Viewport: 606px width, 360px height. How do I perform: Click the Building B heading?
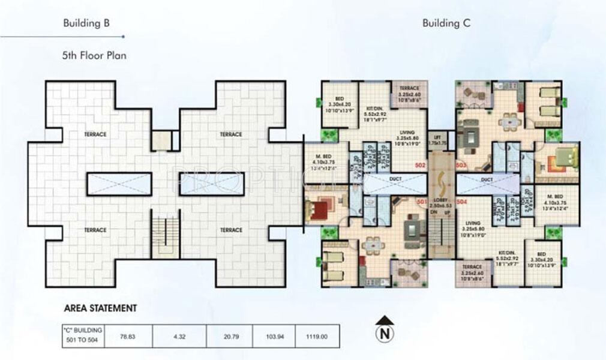(86, 23)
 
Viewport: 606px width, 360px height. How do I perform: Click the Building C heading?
(446, 23)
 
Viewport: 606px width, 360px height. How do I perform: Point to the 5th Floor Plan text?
(94, 55)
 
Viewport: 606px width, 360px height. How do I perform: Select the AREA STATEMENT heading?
(100, 308)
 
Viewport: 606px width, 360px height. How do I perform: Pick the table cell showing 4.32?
(179, 337)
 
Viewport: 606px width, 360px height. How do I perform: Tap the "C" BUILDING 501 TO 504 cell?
(83, 336)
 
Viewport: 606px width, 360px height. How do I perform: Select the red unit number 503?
(461, 164)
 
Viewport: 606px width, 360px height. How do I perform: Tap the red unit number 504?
(461, 202)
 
